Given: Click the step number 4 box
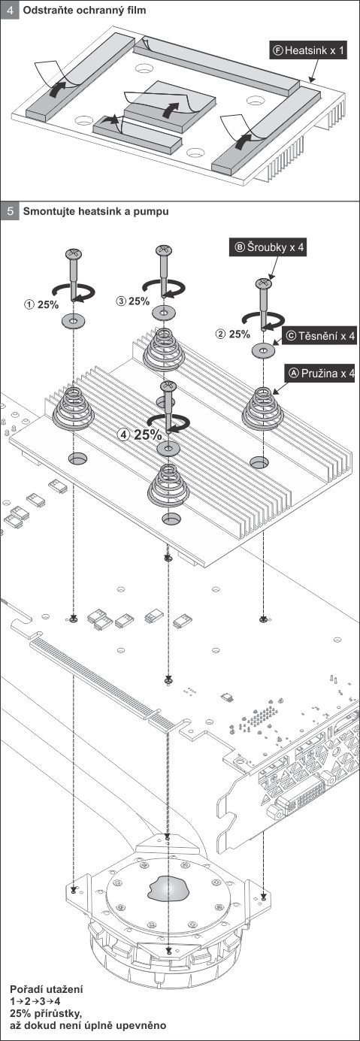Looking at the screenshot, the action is click(x=10, y=10).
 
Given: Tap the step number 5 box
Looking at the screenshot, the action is click(x=10, y=211).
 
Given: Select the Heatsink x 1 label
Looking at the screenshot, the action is click(x=308, y=50).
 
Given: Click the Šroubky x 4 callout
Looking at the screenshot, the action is click(x=268, y=247).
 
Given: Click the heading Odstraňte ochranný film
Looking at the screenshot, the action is click(x=84, y=10).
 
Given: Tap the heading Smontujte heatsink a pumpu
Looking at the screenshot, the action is click(x=96, y=211).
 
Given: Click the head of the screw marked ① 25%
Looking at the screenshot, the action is click(x=74, y=254).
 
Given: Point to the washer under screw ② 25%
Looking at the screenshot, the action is click(x=263, y=350).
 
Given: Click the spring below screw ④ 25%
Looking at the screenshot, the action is click(x=168, y=486).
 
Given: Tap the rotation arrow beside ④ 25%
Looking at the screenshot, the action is click(x=168, y=421).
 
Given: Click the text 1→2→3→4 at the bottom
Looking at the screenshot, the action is click(x=35, y=1011).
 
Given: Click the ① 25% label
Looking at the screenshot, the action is click(x=42, y=304).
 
